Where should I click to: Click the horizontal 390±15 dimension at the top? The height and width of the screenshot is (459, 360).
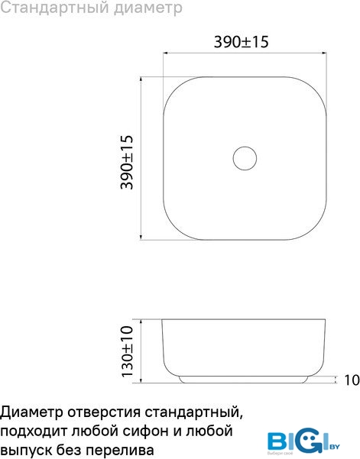point(241,42)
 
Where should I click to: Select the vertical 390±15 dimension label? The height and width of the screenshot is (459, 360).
point(127,162)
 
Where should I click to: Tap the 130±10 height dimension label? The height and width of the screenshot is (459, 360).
point(127,351)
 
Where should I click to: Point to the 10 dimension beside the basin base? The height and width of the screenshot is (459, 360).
point(352,380)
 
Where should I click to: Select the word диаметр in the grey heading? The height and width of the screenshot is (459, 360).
point(148,8)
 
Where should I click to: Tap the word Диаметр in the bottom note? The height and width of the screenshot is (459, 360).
point(31,413)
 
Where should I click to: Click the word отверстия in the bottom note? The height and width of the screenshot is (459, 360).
point(104,413)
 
